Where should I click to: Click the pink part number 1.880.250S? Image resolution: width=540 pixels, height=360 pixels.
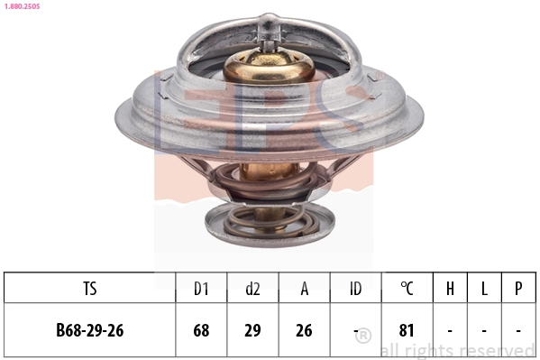(22, 6)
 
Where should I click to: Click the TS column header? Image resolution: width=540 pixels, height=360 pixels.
(90, 289)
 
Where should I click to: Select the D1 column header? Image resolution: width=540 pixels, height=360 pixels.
(201, 289)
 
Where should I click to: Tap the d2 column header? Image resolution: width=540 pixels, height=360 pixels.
(252, 289)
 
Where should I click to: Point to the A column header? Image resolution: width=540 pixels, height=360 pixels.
(305, 289)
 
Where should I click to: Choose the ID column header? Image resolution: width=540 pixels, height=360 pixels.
(356, 289)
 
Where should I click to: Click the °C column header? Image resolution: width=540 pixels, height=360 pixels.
(407, 289)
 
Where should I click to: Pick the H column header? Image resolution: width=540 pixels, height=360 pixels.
(450, 289)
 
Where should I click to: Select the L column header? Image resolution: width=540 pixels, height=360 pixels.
(484, 289)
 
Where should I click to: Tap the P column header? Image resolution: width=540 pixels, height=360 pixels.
(518, 289)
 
